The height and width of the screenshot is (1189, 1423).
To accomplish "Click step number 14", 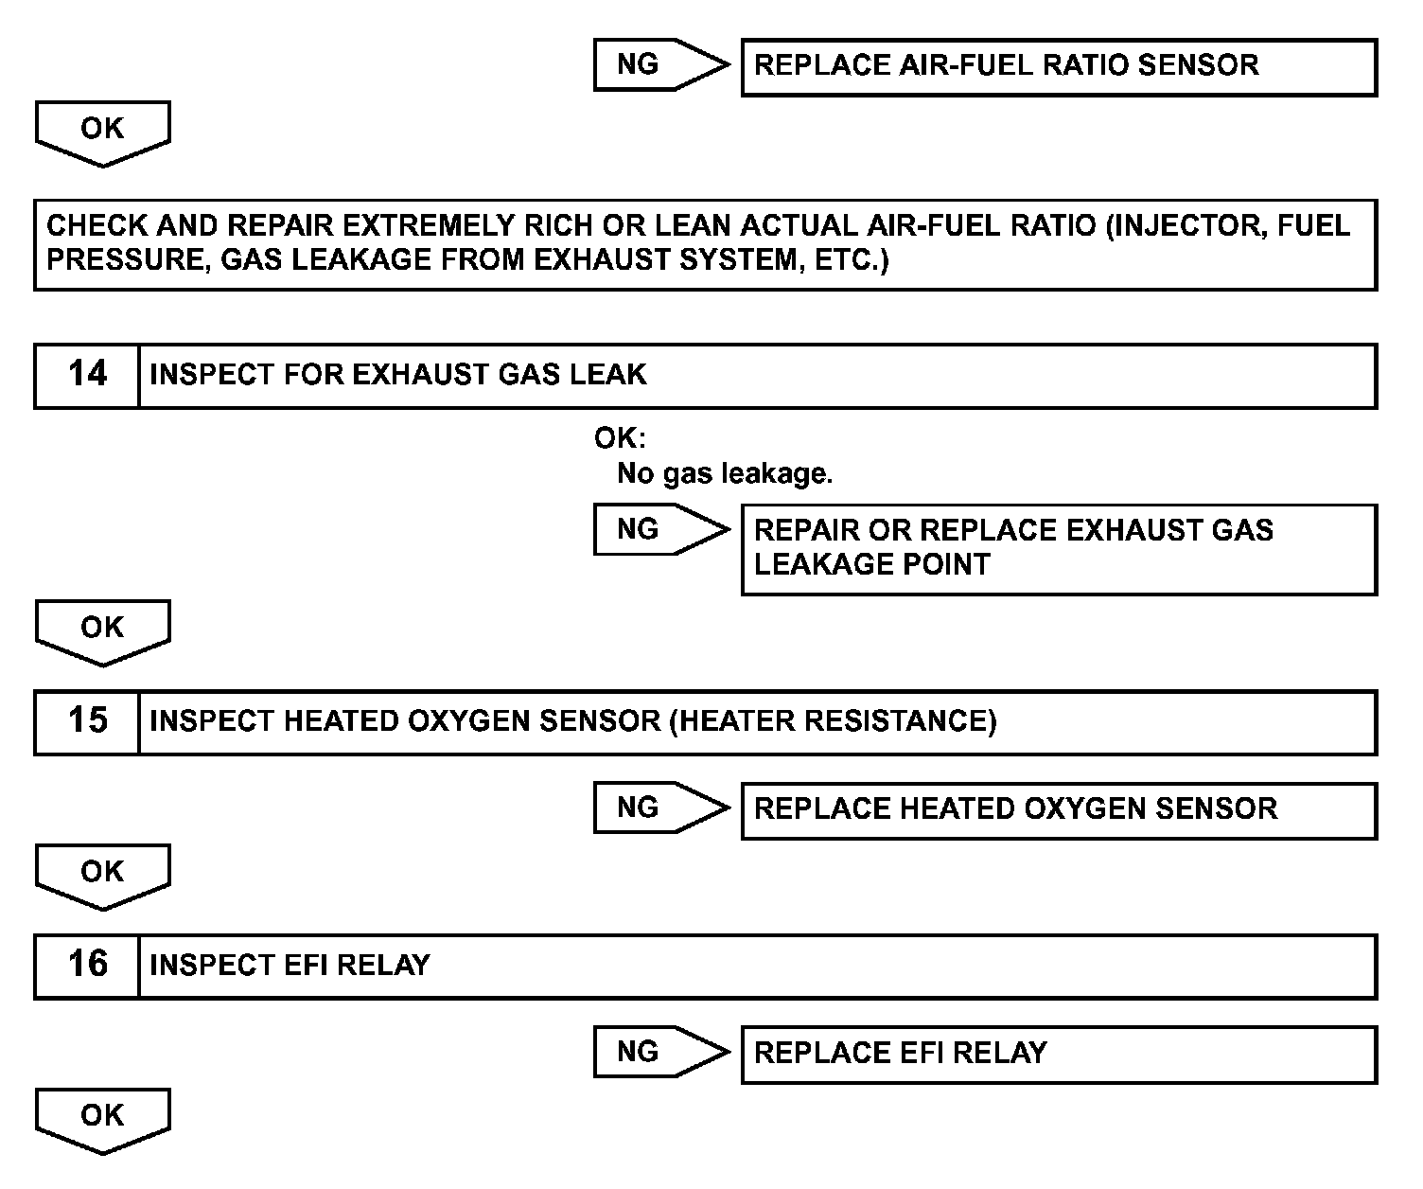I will tap(87, 375).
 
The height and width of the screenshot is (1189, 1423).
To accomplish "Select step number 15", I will tap(87, 721).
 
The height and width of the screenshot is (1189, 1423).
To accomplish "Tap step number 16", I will tap(87, 966).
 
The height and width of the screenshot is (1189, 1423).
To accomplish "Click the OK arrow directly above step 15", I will tap(102, 630).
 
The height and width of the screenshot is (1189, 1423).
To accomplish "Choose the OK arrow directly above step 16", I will tap(102, 874).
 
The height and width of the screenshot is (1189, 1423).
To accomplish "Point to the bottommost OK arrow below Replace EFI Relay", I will tap(102, 1118).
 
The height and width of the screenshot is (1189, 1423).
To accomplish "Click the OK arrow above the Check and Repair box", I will tap(102, 131).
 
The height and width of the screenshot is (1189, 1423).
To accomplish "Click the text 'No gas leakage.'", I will tap(725, 473).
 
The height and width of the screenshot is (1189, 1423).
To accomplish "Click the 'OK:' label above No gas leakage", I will tap(619, 439).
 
